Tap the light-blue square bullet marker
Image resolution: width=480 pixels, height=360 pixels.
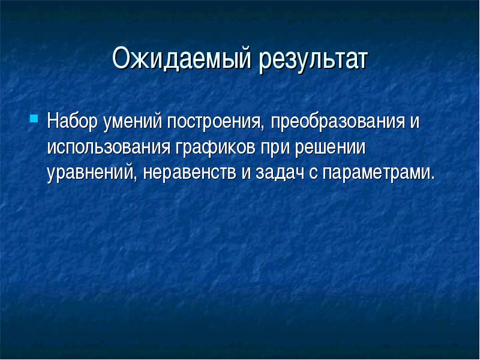(34, 118)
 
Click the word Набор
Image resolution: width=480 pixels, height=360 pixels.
(72, 122)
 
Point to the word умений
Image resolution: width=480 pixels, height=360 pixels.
(132, 122)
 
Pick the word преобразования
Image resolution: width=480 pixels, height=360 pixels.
(337, 122)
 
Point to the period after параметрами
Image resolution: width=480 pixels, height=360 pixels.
(432, 178)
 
